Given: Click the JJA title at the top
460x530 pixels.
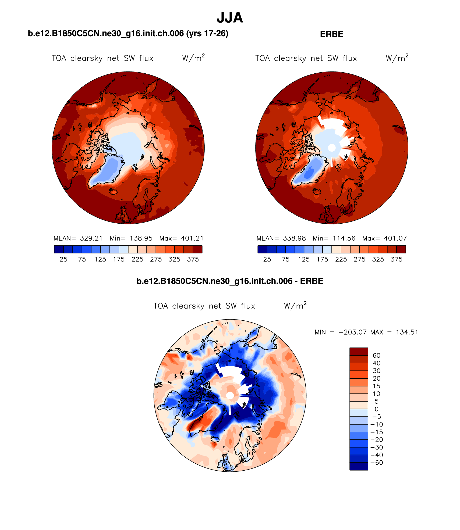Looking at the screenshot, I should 230,18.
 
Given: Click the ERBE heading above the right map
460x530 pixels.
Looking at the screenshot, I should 331,34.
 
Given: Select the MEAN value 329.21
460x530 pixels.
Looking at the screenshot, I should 91,238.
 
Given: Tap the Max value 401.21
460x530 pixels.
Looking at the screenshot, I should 192,238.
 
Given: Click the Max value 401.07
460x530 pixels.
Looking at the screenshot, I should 395,238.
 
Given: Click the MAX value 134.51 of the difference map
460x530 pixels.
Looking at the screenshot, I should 407,332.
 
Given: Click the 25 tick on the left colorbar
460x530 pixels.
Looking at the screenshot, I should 63,259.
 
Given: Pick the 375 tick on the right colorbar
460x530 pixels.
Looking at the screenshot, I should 397,259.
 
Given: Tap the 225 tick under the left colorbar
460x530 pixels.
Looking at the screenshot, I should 137,259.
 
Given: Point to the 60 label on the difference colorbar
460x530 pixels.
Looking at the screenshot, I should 376,356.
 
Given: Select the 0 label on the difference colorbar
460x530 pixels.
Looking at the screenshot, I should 376,409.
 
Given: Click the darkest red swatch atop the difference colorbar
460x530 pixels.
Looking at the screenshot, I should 359,352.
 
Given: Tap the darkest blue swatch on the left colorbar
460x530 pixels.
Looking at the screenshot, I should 59,249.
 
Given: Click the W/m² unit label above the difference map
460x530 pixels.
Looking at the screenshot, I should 295,306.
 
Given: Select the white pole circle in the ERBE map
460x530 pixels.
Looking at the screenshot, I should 332,148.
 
